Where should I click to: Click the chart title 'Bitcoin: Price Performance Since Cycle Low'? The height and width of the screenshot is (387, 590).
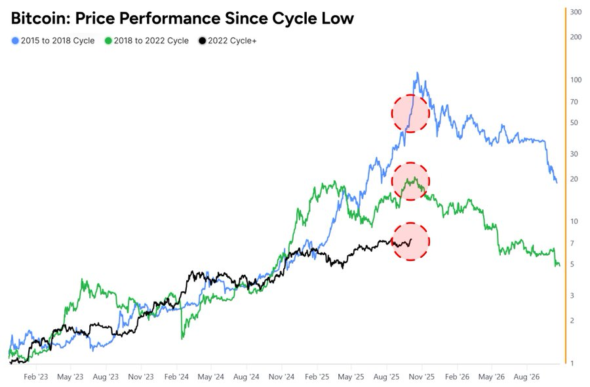click(x=182, y=18)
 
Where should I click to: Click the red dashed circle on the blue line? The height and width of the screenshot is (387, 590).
click(x=410, y=113)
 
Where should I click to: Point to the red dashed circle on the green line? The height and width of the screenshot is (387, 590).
click(x=410, y=180)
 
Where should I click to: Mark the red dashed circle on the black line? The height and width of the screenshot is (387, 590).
click(x=410, y=241)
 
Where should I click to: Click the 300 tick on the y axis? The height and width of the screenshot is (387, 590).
click(x=576, y=12)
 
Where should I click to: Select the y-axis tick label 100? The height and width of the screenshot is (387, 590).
click(x=576, y=80)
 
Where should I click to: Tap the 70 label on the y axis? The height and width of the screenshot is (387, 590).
click(x=574, y=102)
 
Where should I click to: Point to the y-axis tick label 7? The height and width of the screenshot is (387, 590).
click(x=572, y=243)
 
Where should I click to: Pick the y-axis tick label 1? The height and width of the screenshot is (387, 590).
click(x=572, y=363)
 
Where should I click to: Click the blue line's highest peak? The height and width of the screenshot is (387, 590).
click(x=417, y=73)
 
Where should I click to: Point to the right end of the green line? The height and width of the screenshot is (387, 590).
click(x=559, y=265)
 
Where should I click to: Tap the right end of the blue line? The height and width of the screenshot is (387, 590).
click(x=557, y=182)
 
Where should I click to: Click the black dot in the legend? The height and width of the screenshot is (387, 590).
click(x=203, y=41)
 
